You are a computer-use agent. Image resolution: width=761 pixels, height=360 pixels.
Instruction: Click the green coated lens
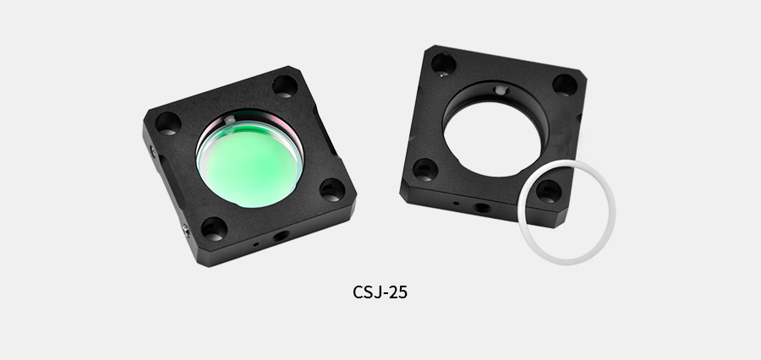click(x=250, y=162)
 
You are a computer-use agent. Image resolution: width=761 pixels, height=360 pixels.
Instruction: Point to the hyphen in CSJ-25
click(x=385, y=293)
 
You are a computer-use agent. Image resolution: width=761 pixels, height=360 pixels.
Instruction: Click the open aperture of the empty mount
click(x=493, y=139)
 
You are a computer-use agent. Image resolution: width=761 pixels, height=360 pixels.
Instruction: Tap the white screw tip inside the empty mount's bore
click(x=500, y=90)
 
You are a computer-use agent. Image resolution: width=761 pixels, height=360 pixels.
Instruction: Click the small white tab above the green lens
click(x=229, y=119)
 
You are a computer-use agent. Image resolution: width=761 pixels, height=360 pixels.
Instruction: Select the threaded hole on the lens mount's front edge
click(x=281, y=236)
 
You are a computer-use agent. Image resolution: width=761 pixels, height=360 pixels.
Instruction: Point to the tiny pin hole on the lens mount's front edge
click(x=255, y=244)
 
